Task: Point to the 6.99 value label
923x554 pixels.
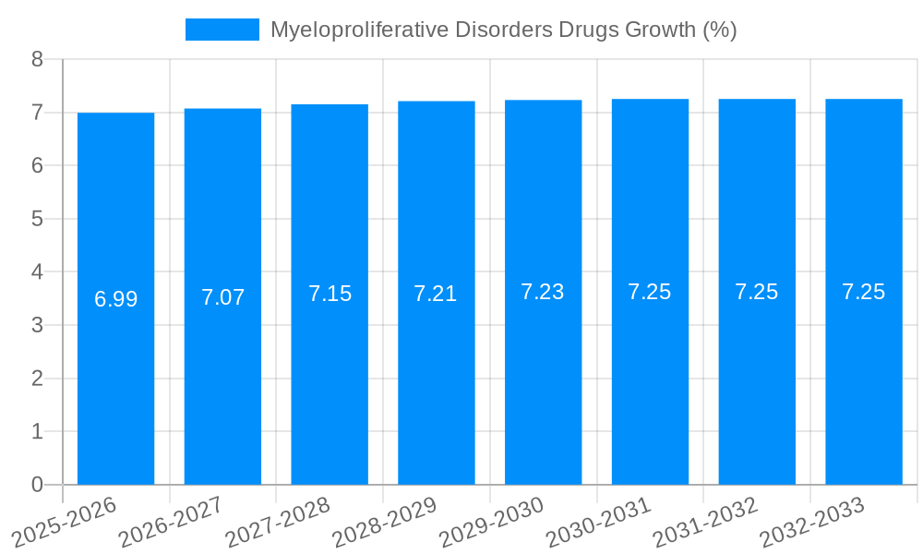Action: pos(115,299)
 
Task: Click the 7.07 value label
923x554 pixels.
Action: pos(222,297)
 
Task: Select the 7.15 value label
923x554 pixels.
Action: pos(330,294)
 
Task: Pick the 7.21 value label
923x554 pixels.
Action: pos(436,294)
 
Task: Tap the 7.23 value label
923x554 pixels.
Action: pos(543,292)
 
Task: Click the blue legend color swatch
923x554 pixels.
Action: pos(222,30)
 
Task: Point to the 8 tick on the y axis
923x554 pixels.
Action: pos(37,59)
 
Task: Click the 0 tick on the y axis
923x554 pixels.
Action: pos(37,485)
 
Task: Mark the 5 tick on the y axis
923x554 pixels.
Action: pos(37,219)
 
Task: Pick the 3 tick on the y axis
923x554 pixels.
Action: pos(37,325)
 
